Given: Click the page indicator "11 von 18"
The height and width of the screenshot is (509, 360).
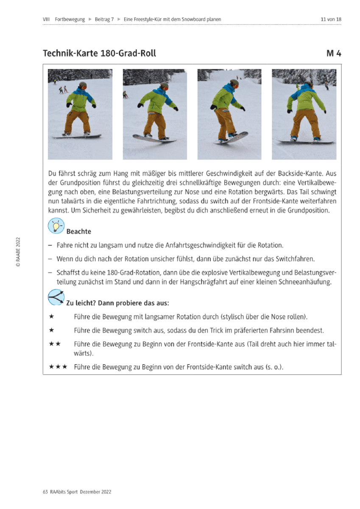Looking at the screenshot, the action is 331,20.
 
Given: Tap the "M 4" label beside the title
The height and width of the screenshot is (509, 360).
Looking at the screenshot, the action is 334,53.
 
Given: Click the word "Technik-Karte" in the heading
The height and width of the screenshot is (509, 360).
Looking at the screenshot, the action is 70,53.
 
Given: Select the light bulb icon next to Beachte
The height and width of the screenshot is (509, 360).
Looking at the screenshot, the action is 56,226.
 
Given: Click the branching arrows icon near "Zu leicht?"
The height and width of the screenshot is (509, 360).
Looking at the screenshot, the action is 56,297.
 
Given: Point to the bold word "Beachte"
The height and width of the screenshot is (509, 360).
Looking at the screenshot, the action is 78,231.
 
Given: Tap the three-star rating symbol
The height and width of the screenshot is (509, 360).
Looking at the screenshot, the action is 58,366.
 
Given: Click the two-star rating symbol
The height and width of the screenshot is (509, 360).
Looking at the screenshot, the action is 55,344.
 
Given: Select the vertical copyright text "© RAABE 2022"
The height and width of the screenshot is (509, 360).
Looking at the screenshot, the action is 18,252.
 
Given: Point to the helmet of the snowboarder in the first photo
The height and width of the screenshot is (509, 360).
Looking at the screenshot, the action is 83,85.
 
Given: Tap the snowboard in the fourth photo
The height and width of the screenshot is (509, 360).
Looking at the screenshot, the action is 306,142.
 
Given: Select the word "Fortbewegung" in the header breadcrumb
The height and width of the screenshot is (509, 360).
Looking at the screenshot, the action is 70,20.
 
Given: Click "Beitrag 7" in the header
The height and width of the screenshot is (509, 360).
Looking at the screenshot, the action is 104,20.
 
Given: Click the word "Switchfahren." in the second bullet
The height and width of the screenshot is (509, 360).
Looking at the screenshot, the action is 295,259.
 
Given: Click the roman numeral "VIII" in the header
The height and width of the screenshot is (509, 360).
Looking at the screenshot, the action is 46,20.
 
